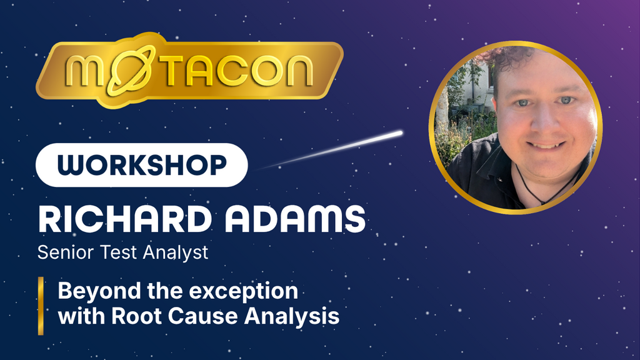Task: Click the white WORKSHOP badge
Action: click(142, 165)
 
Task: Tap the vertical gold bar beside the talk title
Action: click(41, 306)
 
